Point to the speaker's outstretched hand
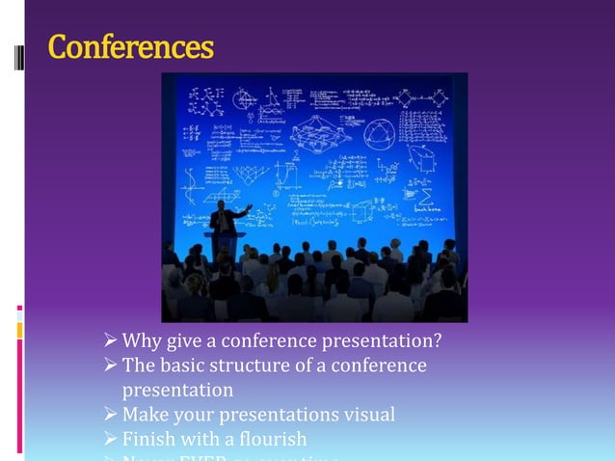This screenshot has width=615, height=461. [250, 205]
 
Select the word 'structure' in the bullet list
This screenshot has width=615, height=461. [252, 366]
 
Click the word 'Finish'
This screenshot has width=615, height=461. [149, 440]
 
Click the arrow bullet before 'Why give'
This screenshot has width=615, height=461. [110, 341]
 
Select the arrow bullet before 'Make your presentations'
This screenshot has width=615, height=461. [110, 415]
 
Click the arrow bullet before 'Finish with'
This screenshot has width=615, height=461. [110, 440]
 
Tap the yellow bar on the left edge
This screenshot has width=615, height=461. [19, 331]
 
